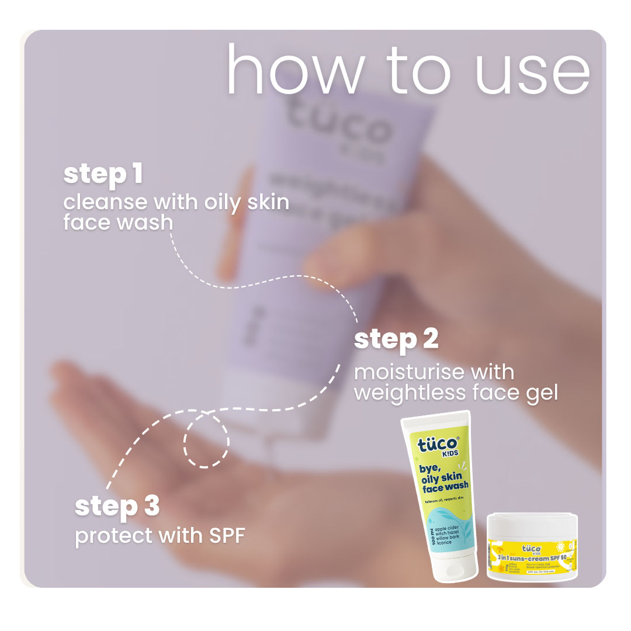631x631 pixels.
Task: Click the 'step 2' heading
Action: tap(396, 339)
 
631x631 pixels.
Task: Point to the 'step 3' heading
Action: tap(117, 506)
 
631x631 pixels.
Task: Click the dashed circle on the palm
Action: tap(206, 442)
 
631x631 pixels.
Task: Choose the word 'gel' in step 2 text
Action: tap(542, 393)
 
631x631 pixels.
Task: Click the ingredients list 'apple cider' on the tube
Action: tap(448, 529)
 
